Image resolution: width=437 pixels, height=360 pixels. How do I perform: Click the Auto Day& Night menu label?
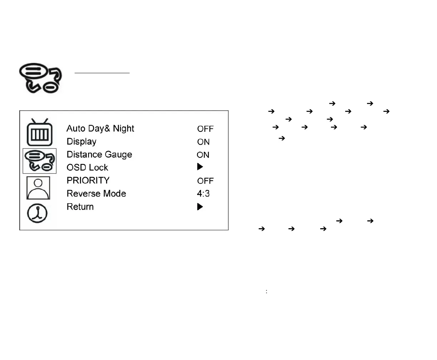click(100, 129)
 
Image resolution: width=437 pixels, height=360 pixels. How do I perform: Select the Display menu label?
click(81, 142)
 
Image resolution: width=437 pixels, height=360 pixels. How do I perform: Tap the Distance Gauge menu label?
click(99, 155)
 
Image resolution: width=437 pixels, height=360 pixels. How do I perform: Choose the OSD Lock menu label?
click(87, 167)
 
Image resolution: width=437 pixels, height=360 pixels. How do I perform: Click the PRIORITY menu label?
click(88, 180)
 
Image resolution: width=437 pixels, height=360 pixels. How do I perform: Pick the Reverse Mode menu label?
click(96, 194)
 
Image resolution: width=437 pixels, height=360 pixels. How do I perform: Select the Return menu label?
click(80, 207)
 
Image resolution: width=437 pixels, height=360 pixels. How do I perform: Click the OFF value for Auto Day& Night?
click(205, 129)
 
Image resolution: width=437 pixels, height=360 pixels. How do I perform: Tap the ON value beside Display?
click(203, 142)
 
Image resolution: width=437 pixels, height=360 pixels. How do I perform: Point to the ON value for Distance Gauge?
click(203, 155)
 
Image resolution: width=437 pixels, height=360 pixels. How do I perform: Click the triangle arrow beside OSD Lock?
click(200, 167)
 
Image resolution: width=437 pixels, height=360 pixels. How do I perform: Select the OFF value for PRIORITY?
click(205, 181)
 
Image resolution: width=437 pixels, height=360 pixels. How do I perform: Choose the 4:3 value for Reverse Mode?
click(203, 194)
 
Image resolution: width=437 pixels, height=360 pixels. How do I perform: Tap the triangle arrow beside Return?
click(200, 207)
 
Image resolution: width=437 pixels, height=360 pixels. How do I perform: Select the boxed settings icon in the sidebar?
click(39, 161)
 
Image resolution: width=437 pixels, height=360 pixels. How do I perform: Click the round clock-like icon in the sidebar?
click(37, 214)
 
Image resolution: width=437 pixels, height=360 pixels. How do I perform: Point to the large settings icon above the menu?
click(40, 78)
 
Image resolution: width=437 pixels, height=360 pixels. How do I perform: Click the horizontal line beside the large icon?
click(102, 73)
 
